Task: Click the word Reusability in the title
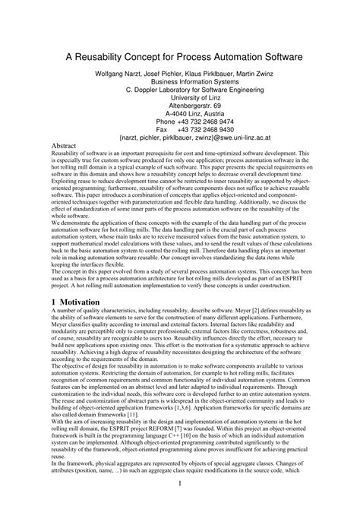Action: click(x=102, y=56)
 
